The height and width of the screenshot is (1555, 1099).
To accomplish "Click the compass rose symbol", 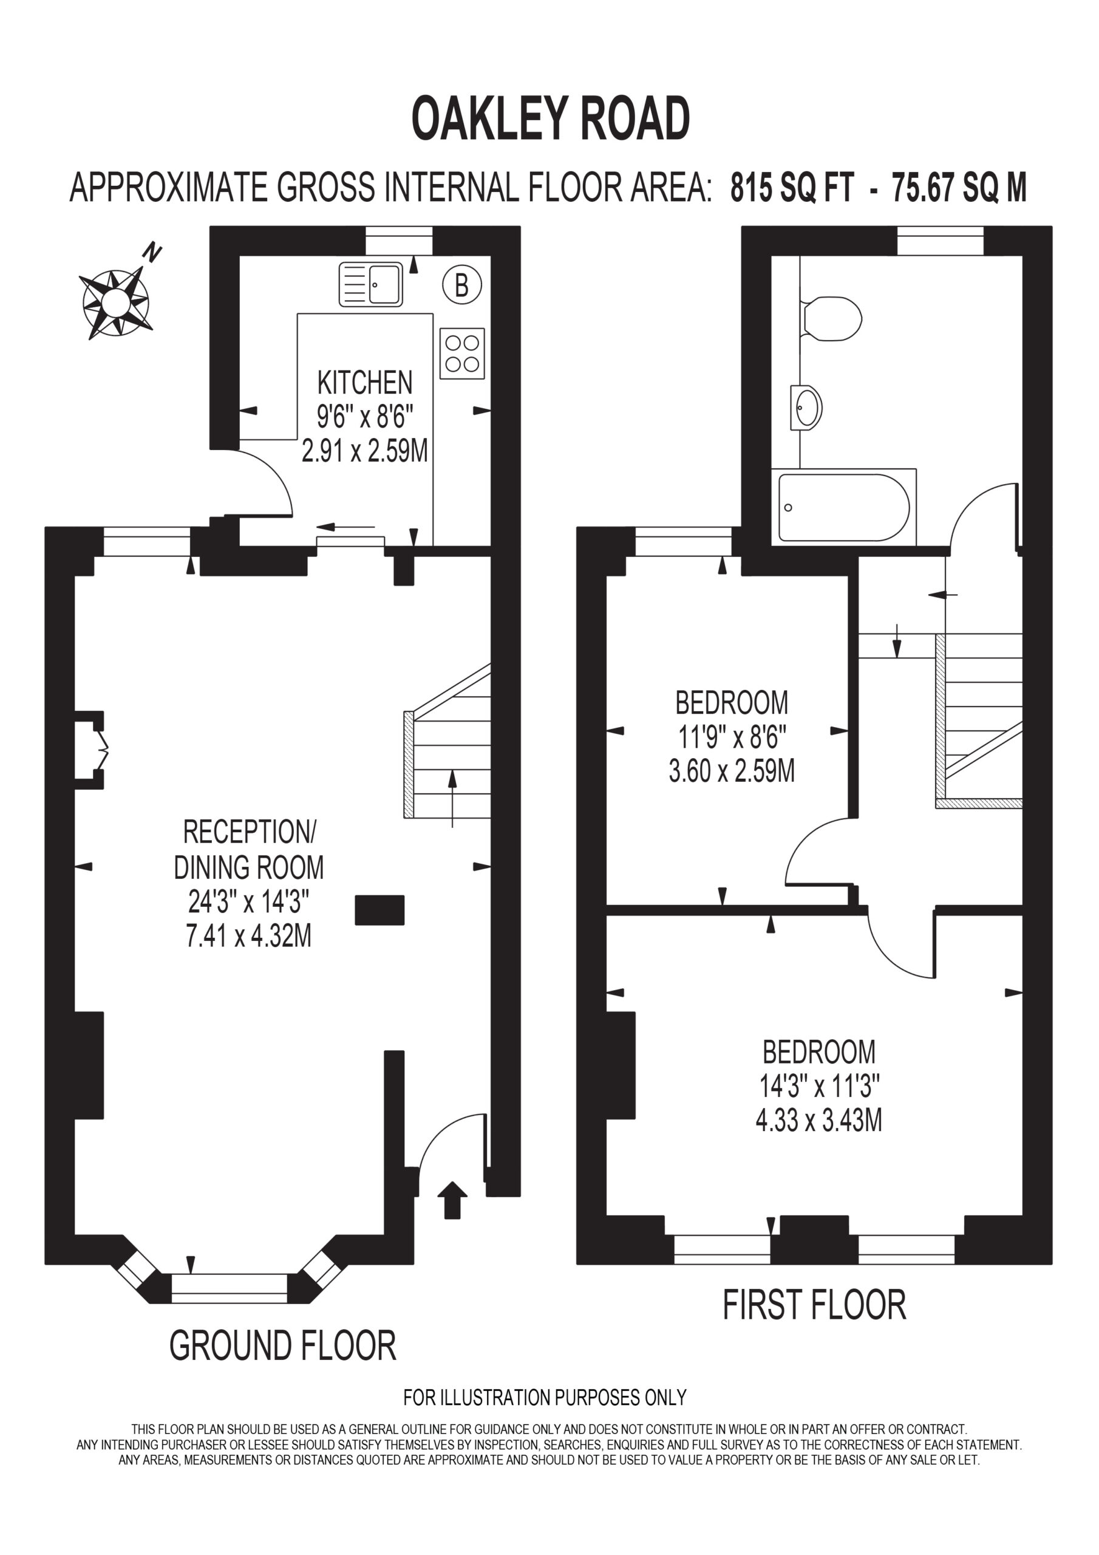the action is [x=115, y=302].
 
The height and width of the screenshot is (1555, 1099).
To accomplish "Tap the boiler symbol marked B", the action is [x=462, y=284].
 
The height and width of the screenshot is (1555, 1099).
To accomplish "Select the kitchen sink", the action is [x=370, y=284].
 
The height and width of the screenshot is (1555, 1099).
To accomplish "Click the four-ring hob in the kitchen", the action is [x=462, y=353].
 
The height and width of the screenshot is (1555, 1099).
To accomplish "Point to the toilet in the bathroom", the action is [x=831, y=318].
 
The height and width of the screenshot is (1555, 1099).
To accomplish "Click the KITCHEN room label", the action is [x=365, y=383].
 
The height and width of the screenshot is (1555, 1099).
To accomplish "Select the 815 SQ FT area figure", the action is [x=792, y=188].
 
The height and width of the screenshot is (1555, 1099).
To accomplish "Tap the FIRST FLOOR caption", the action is [x=815, y=1305].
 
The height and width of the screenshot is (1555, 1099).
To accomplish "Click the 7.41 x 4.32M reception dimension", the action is [x=248, y=935].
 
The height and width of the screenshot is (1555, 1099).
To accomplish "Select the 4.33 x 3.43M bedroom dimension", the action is [x=818, y=1120].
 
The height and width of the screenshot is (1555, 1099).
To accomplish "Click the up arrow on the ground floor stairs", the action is [x=452, y=799].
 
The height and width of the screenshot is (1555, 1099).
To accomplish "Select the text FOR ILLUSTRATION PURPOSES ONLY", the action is [x=545, y=1397].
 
